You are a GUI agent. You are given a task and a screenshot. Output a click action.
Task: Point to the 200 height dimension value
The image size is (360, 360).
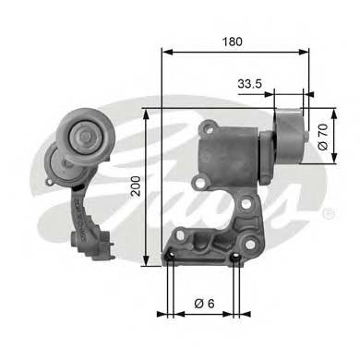coord(137,189)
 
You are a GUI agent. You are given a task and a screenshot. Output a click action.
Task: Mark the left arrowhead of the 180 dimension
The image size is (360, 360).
coord(165,53)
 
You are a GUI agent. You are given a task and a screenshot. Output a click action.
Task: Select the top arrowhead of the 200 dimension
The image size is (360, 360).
coord(147,113)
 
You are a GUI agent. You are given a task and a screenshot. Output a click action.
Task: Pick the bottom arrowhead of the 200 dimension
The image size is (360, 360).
coord(147,264)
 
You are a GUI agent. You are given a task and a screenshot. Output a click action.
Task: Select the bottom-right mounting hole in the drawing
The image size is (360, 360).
coord(238,259)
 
